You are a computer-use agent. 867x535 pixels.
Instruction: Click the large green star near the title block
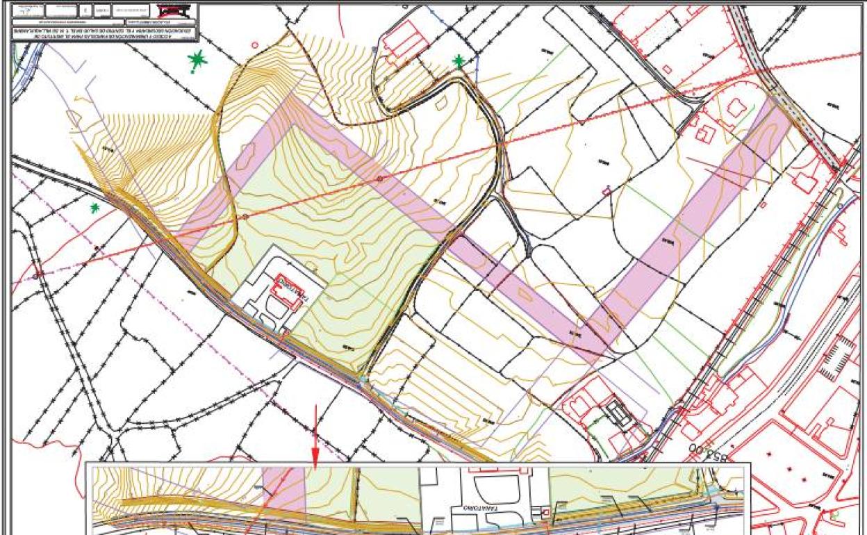(x=198, y=61)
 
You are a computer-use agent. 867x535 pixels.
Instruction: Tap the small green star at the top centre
(x=459, y=61)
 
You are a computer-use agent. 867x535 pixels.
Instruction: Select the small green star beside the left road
(x=95, y=207)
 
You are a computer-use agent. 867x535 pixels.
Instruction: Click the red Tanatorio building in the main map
(x=287, y=288)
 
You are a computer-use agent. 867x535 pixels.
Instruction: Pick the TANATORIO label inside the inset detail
(x=473, y=508)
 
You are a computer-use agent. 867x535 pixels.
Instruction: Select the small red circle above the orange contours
(x=254, y=44)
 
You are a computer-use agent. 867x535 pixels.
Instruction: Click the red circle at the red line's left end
(x=35, y=275)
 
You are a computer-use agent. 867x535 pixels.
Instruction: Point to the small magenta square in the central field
(x=606, y=190)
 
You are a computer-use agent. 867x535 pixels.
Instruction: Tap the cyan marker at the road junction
(x=362, y=379)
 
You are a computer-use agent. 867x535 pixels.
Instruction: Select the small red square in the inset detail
(x=545, y=513)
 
